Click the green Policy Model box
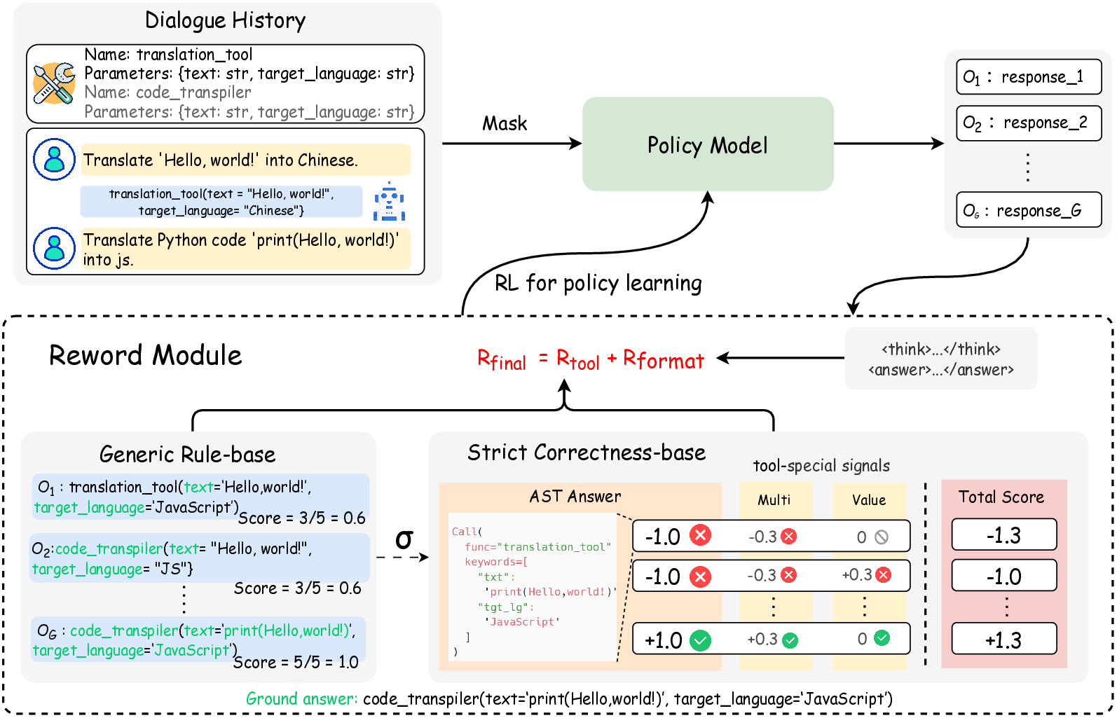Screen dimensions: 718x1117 (708, 144)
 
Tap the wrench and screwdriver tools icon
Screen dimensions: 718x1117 (54, 83)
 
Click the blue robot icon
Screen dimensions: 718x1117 (389, 202)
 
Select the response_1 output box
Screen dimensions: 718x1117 (1028, 77)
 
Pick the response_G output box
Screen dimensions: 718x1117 (1028, 210)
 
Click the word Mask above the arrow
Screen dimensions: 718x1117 (505, 124)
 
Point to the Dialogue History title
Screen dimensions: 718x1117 (225, 21)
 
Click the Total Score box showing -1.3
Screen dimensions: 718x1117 (1003, 535)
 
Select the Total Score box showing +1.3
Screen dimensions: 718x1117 (1003, 640)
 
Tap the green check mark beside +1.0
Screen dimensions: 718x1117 (700, 640)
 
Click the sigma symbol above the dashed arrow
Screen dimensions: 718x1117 (404, 539)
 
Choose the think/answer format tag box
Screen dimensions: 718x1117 (940, 359)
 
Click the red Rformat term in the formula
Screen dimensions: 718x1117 (664, 359)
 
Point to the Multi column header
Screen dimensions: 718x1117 (774, 500)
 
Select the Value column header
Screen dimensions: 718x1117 (869, 500)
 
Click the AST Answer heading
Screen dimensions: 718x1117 (575, 497)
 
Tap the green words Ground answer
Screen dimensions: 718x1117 (301, 698)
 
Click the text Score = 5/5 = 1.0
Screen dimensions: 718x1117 (296, 662)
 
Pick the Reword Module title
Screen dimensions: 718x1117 (145, 356)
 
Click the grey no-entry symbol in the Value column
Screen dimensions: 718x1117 (882, 537)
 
